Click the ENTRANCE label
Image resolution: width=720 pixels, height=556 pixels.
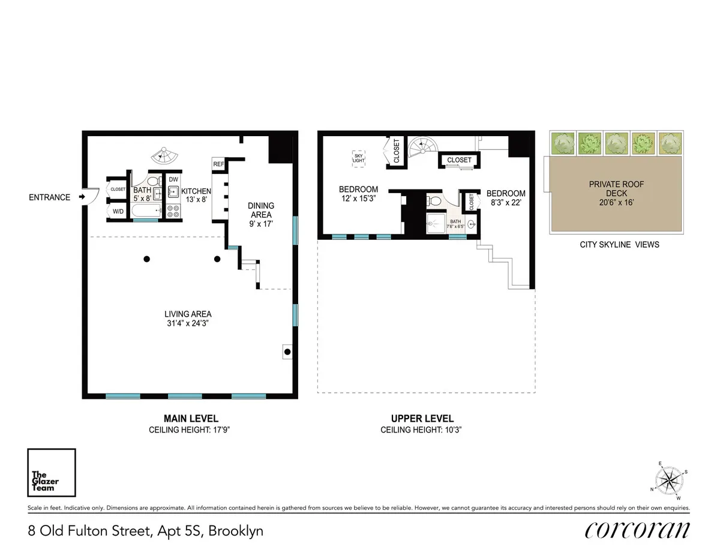pos(49,197)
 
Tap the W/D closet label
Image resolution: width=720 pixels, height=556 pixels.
pos(117,211)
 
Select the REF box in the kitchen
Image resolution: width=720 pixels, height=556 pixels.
pos(218,164)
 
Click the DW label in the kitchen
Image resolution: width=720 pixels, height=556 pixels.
pos(173,179)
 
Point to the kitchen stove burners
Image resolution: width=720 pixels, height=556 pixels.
pos(173,211)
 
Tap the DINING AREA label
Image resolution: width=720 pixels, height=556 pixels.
pos(260,210)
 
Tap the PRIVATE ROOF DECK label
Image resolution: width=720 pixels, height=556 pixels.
pos(616,189)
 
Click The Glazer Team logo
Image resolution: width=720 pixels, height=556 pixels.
pos(52,473)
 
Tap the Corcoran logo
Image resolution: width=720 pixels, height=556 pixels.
pos(637,530)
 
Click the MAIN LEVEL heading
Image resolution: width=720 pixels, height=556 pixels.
pos(191,419)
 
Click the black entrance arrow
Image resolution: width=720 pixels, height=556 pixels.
pos(82,197)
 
